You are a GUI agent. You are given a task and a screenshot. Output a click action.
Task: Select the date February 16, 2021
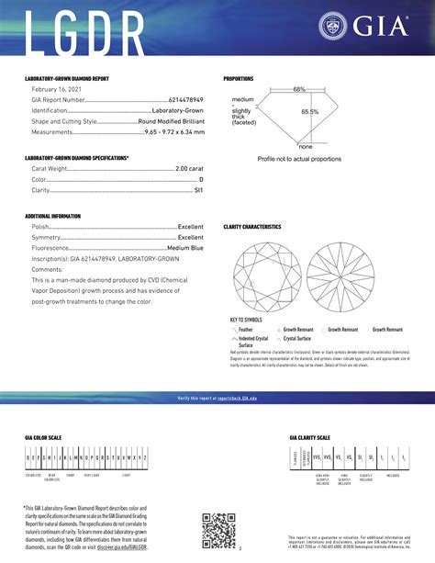(56, 88)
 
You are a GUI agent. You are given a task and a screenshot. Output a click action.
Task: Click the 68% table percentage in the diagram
(299, 89)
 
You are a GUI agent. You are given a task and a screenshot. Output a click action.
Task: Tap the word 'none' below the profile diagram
(306, 147)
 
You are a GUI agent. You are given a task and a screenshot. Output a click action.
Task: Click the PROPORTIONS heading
(239, 79)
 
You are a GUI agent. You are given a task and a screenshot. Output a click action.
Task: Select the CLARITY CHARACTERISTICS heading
(252, 226)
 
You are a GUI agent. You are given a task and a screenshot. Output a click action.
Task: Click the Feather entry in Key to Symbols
(244, 329)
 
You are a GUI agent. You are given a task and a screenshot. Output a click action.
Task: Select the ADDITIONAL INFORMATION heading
(53, 216)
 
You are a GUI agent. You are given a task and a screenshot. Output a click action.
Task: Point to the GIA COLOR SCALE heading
(44, 438)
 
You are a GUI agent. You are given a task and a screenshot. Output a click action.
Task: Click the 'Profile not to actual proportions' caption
(299, 159)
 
